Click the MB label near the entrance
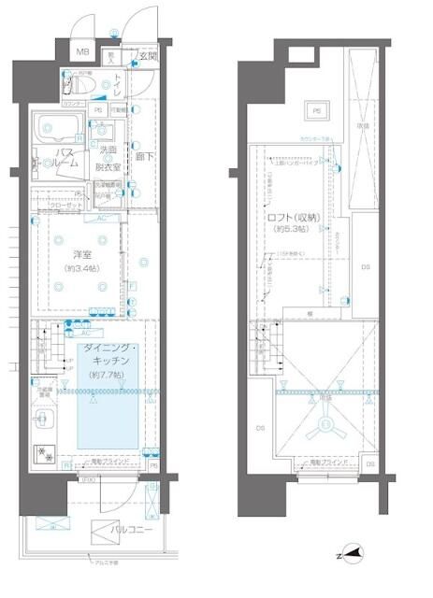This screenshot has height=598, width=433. pyautogui.click(x=83, y=53)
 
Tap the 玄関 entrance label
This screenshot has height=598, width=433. pyautogui.click(x=148, y=56)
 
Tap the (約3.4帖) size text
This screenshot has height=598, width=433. pyautogui.click(x=83, y=269)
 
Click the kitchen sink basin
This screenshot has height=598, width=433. pyautogui.click(x=43, y=421)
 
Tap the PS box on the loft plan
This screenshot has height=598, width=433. pyautogui.click(x=316, y=111)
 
